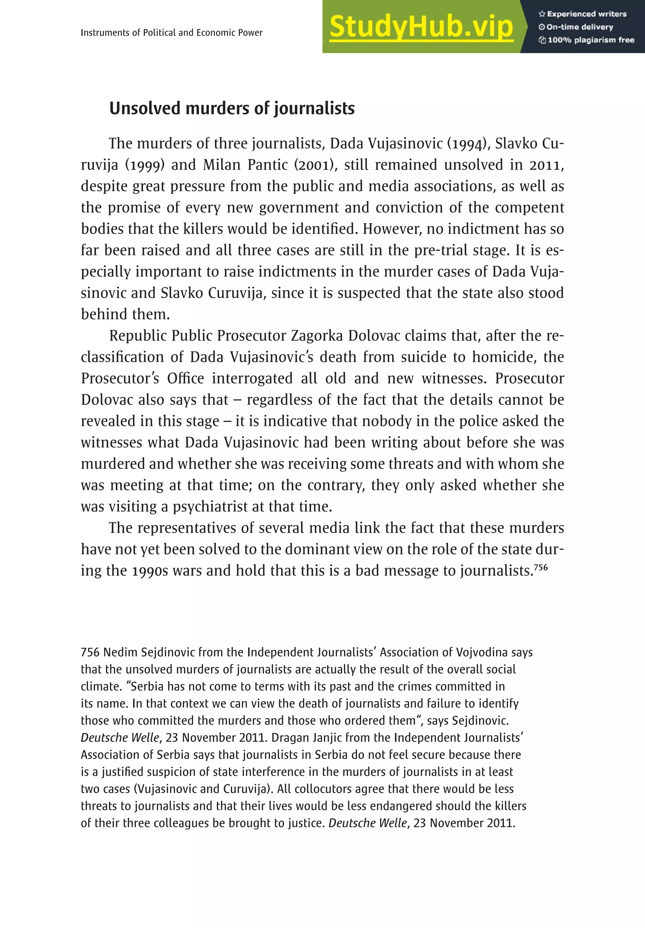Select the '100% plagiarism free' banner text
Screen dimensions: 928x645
(x=586, y=40)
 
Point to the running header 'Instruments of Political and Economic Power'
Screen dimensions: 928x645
(x=171, y=33)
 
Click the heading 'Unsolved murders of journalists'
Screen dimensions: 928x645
(x=232, y=108)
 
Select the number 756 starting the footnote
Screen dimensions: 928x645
(x=90, y=653)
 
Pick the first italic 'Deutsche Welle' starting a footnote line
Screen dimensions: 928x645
(x=120, y=738)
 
